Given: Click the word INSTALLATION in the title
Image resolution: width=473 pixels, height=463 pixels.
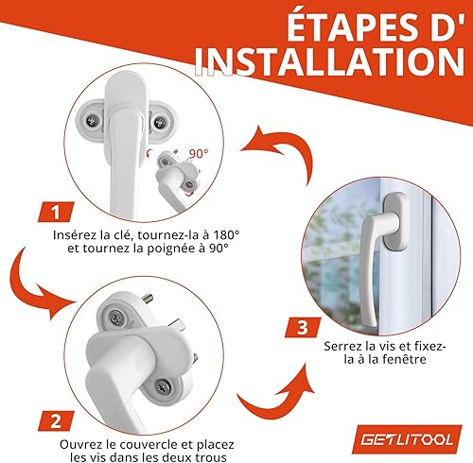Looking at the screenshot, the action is click(x=329, y=62).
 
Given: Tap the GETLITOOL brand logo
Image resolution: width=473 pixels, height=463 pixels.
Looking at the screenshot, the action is click(x=408, y=439).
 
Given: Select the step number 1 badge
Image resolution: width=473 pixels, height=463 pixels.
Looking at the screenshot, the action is click(x=57, y=212).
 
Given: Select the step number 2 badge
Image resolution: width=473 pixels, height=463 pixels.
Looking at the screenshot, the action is click(x=57, y=420).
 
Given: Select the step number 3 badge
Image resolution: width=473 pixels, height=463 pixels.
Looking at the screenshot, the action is click(x=303, y=328).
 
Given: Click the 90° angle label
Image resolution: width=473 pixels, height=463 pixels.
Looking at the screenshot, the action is click(x=199, y=153).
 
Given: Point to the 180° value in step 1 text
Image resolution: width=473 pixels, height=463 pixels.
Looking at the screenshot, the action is click(x=224, y=235).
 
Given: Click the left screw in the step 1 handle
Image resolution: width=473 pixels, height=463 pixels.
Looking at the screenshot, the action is click(x=93, y=121).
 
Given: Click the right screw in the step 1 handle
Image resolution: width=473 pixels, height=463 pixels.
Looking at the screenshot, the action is click(x=160, y=122).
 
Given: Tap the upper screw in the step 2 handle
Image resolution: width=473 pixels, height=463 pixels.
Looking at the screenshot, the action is click(x=116, y=317).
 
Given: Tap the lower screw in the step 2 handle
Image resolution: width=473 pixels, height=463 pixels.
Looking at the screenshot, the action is click(x=163, y=387).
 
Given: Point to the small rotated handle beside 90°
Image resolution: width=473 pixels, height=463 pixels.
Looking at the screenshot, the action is click(x=175, y=177).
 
